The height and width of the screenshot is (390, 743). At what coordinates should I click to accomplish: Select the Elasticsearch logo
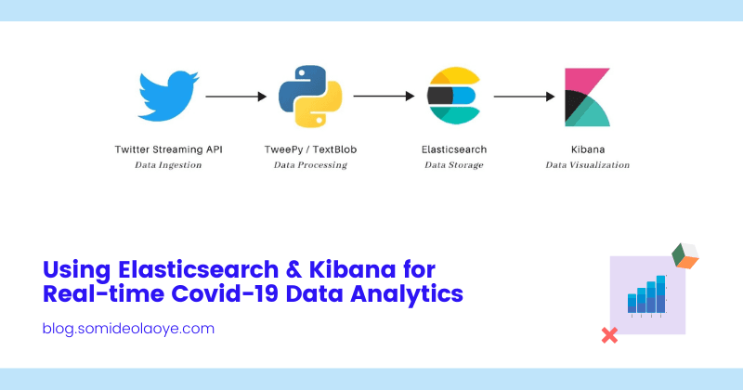pos(452,97)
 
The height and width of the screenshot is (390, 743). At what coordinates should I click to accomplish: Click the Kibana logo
pos(587,97)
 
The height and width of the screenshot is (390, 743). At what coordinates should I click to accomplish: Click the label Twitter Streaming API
pos(168,149)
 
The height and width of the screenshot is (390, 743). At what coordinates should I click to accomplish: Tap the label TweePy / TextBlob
pos(310,149)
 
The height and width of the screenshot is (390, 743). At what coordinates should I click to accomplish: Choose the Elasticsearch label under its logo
pos(454,149)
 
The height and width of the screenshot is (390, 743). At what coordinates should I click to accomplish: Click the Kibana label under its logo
pos(587,149)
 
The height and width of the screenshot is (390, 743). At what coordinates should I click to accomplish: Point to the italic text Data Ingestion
pos(168,165)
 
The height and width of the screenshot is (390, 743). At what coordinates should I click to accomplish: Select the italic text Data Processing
pos(310,165)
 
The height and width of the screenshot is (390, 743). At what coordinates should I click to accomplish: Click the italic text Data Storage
pos(454,165)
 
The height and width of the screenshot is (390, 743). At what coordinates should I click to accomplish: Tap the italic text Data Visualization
pos(587,165)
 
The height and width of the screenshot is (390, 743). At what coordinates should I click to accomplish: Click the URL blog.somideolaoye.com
pos(129,329)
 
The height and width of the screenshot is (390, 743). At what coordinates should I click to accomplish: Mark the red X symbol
pos(610,335)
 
